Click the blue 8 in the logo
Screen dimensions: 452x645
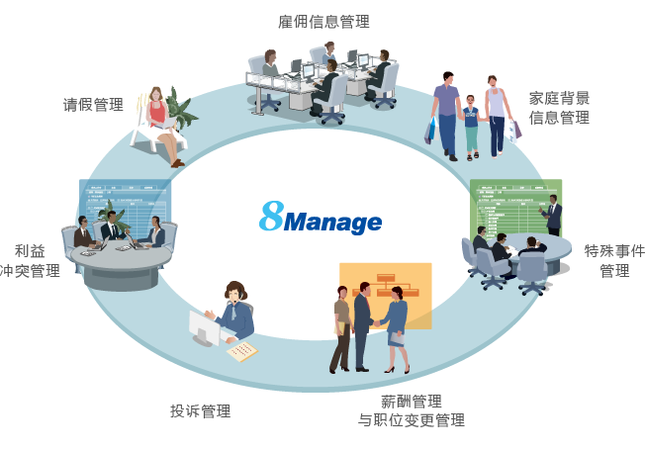pos(271,217)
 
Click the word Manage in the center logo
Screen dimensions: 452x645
pos(332,223)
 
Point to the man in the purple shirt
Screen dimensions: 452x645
pos(446,111)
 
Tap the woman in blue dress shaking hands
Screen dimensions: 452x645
pos(397,325)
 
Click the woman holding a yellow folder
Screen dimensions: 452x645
pos(341,326)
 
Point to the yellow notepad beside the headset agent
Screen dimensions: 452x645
pos(241,351)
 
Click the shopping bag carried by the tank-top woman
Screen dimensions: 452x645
pos(516,129)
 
